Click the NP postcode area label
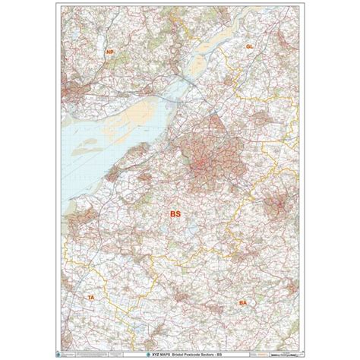[110, 52]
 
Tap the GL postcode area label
[248, 46]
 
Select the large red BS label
[176, 215]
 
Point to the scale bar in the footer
[262, 349]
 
